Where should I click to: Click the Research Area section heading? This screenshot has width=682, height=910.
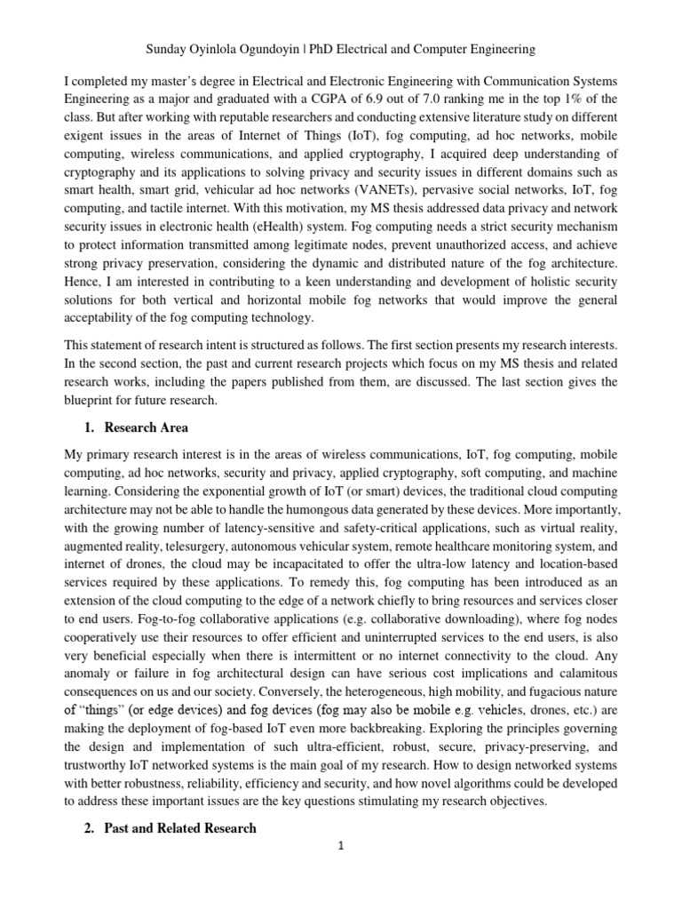coord(146,427)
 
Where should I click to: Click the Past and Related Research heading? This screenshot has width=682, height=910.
coord(180,827)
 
